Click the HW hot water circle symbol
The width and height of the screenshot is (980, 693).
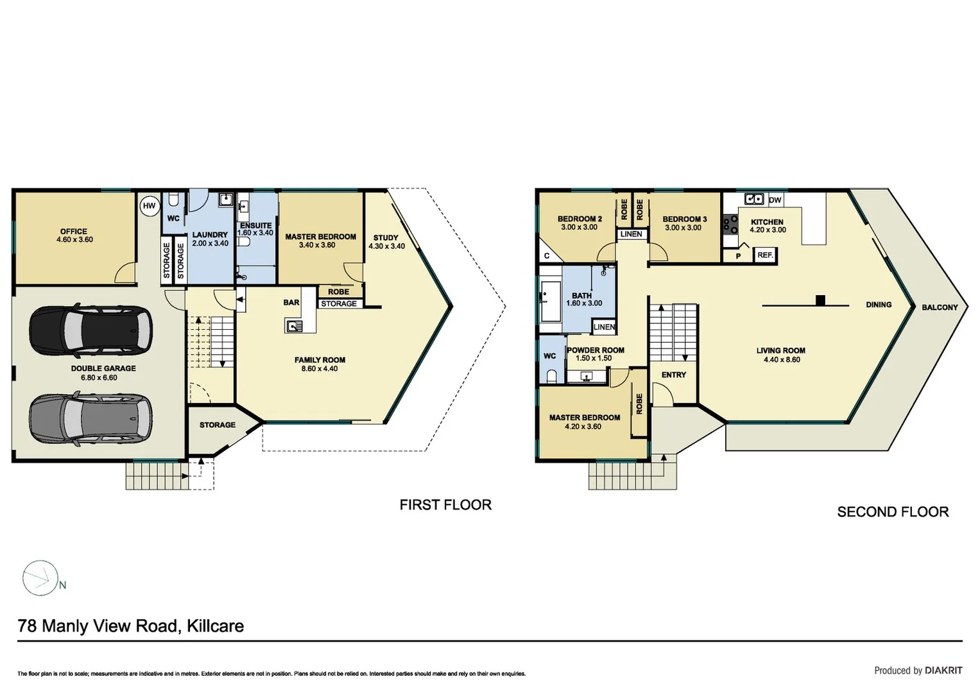coord(149,206)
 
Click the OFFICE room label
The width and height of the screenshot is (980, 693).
coord(74,232)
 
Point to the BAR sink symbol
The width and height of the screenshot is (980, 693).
coord(294,327)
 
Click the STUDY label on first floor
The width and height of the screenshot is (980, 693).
coord(386,237)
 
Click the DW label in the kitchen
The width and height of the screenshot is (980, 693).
coord(775,200)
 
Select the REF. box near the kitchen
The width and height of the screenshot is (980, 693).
coord(765,255)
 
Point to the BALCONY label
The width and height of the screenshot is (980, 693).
coord(940,307)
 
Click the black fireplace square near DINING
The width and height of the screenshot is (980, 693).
coord(820,300)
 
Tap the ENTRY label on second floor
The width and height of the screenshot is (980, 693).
coord(674,375)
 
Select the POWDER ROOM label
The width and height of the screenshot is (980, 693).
coord(596,350)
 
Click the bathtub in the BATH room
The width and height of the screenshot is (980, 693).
coord(551,301)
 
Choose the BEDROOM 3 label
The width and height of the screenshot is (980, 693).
coord(684,219)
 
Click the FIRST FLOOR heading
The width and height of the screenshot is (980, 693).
coord(445,505)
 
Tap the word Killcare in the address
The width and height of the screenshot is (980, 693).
coord(215,626)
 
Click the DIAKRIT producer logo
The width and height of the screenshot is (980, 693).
coord(943,671)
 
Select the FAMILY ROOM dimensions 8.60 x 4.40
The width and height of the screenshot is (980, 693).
coord(320,369)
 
